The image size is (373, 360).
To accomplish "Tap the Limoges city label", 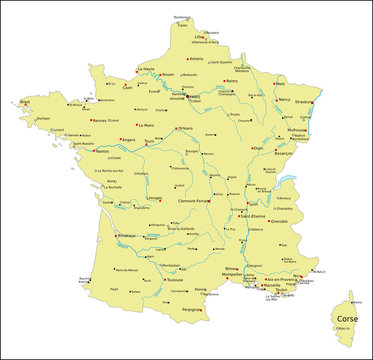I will [154, 198].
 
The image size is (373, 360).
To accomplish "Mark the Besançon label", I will [286, 154].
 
